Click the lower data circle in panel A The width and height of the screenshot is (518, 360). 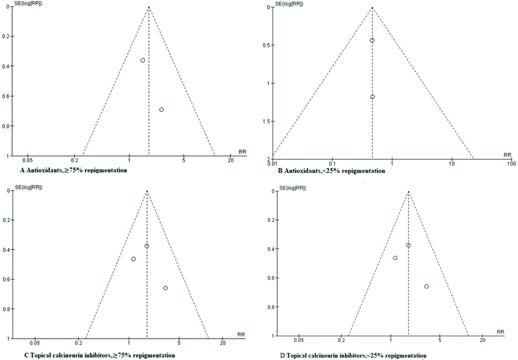click(x=161, y=109)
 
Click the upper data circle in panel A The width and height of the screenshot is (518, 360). click(x=143, y=60)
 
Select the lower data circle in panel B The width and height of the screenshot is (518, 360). click(x=372, y=97)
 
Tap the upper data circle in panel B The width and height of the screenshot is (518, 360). click(x=372, y=40)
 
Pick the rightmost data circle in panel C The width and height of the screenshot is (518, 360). click(x=166, y=288)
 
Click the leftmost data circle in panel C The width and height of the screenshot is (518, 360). click(x=133, y=259)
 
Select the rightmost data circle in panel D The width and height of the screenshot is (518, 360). click(x=426, y=286)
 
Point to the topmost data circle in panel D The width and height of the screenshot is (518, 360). click(x=408, y=245)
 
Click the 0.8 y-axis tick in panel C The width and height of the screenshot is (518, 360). click(x=10, y=308)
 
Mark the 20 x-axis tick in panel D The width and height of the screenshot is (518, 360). click(x=482, y=343)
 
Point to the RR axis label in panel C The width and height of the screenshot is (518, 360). click(x=241, y=334)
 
